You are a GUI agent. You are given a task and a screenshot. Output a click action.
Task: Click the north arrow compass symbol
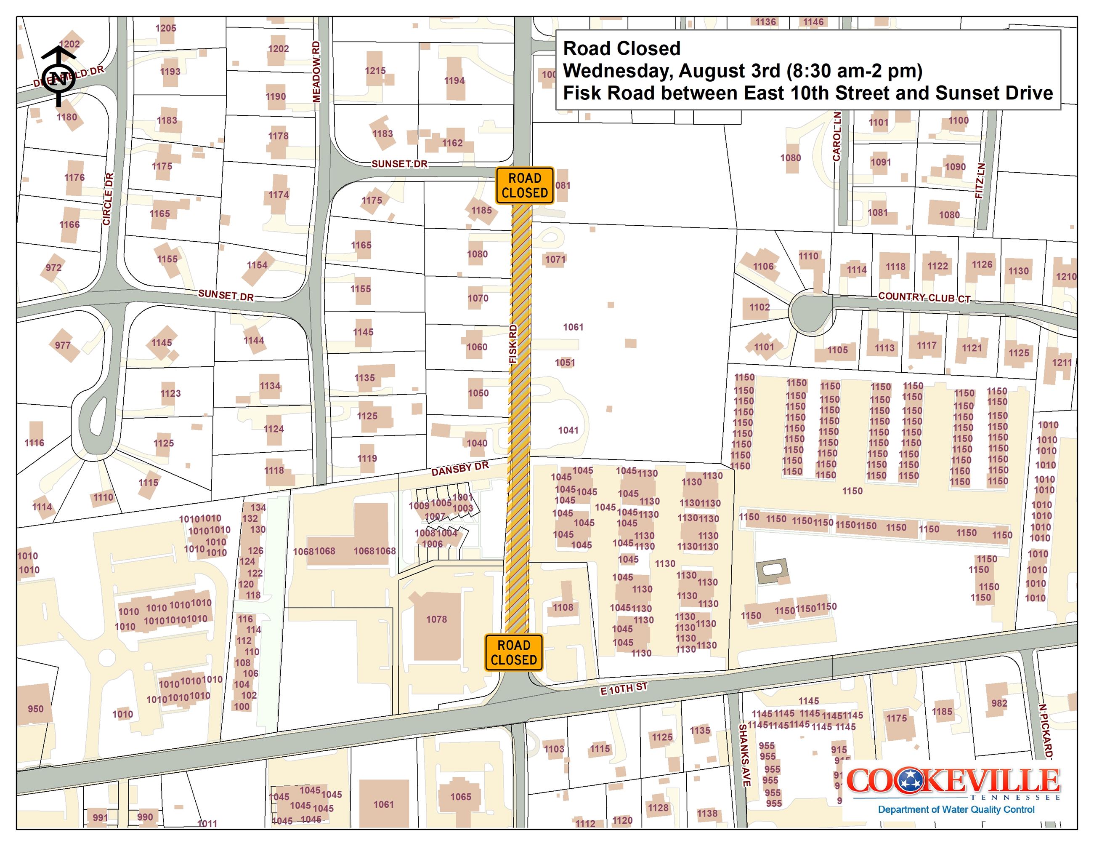tap(58, 77)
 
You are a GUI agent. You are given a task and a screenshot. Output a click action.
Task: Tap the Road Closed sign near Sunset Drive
tap(524, 185)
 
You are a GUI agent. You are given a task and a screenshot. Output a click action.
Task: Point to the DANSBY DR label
tap(459, 469)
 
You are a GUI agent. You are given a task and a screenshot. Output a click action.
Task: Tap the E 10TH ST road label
tap(624, 689)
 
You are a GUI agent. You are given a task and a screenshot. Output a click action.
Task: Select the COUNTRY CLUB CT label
tap(924, 298)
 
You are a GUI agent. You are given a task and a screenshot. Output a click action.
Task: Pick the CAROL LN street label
tap(837, 136)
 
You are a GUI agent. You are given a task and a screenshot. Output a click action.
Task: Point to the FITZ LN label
tap(981, 180)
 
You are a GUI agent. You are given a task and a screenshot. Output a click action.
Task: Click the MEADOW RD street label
tap(316, 72)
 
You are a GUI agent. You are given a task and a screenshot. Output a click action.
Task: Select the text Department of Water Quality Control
tap(956, 809)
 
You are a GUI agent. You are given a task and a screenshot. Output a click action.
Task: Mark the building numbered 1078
tap(436, 619)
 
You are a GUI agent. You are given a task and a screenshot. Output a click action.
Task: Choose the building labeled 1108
tap(563, 607)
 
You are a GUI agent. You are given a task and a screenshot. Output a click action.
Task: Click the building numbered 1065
tap(460, 797)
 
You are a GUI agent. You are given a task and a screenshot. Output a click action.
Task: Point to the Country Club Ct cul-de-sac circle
tap(812, 312)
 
